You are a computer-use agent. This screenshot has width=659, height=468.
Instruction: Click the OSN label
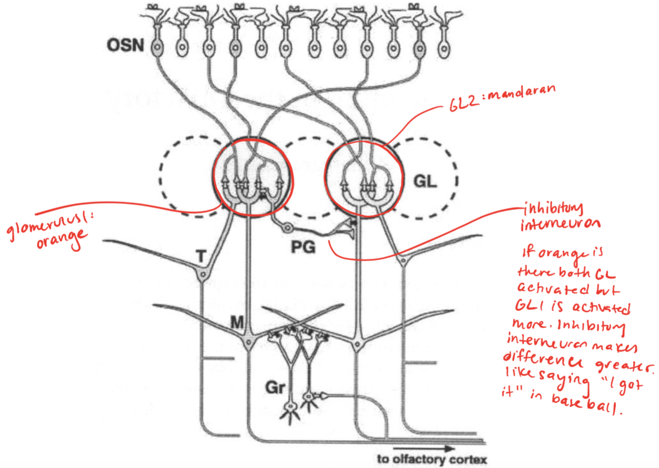click(x=125, y=45)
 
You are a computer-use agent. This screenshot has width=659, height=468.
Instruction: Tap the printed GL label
click(x=425, y=181)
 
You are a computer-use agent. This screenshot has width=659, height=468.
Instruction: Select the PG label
click(x=303, y=246)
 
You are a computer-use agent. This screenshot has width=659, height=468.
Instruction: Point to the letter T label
click(x=201, y=256)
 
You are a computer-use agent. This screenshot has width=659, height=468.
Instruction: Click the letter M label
click(x=238, y=323)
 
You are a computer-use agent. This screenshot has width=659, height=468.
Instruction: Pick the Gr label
click(x=275, y=387)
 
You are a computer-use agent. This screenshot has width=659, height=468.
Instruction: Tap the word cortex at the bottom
click(x=466, y=459)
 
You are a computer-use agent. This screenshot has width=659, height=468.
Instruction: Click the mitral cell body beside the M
click(x=249, y=341)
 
